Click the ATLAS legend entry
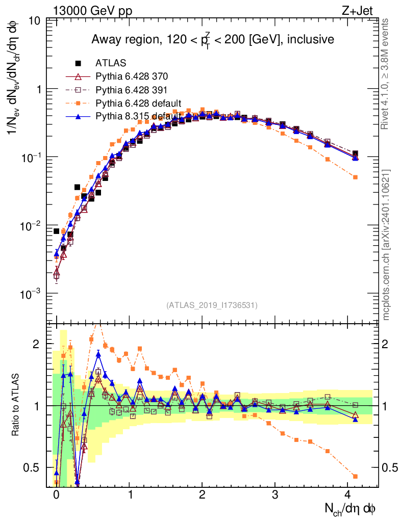[x=108, y=64]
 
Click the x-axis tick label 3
[x=275, y=495]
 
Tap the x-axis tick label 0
[x=56, y=495]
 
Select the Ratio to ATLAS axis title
[x=16, y=405]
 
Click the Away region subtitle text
[x=212, y=40]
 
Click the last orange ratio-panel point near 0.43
[x=355, y=476]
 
